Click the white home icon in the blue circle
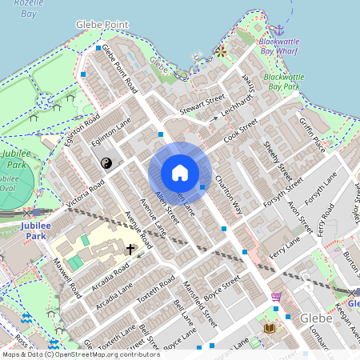(180, 173)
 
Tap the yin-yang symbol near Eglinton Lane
(106, 163)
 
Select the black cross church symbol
(130, 250)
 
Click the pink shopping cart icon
(276, 298)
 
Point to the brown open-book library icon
(269, 328)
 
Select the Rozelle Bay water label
(18, 8)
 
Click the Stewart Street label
(202, 104)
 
